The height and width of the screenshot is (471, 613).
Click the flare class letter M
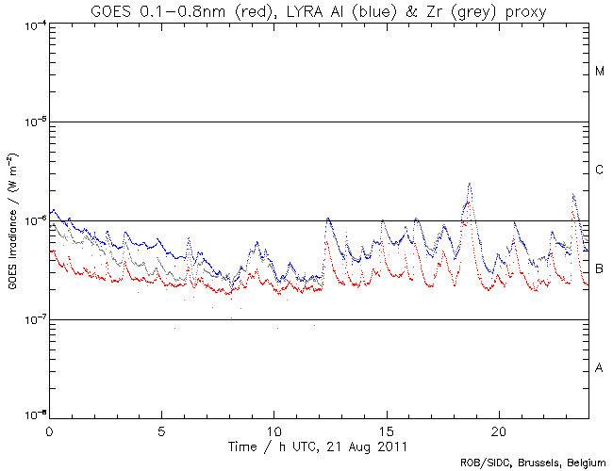600,72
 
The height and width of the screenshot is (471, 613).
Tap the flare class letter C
600,171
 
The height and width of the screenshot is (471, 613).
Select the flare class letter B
600,269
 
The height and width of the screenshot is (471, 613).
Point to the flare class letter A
600,368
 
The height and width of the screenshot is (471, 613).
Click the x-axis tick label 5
161,429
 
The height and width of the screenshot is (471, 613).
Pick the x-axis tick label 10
273,429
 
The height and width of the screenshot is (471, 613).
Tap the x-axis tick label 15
386,429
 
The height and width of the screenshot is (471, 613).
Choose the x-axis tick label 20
498,429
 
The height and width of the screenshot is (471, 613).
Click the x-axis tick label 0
49,429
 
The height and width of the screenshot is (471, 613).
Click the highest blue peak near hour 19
470,184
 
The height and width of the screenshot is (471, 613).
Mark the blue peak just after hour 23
573,195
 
